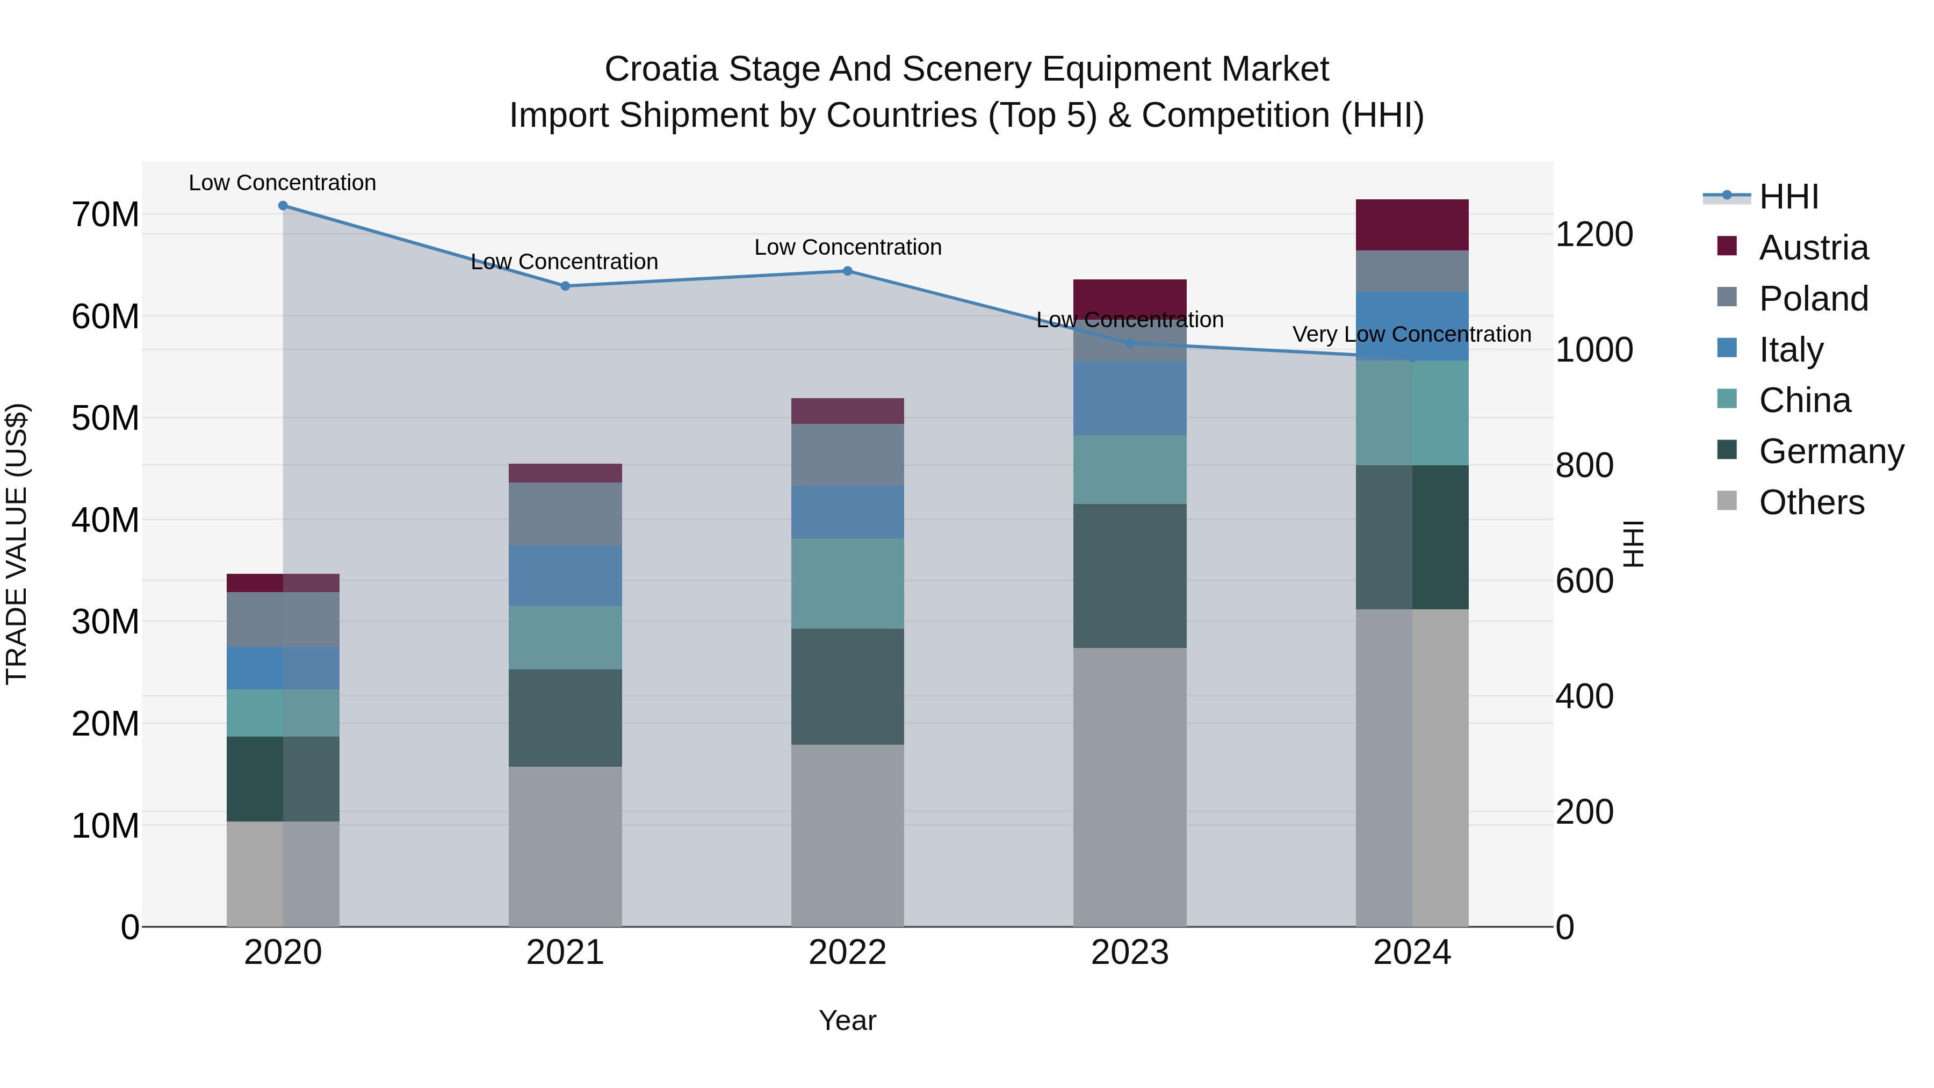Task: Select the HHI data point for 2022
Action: pyautogui.click(x=848, y=271)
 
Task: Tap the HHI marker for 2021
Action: pyautogui.click(x=565, y=286)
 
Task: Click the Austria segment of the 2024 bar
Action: pyautogui.click(x=1411, y=225)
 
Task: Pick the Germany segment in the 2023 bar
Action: pyautogui.click(x=1129, y=576)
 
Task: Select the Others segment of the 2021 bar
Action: pyautogui.click(x=565, y=846)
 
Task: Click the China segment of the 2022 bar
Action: pyautogui.click(x=848, y=583)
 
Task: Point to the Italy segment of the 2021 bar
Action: pyautogui.click(x=565, y=576)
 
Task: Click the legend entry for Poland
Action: pyautogui.click(x=1813, y=299)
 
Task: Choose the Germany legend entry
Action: pyautogui.click(x=1830, y=451)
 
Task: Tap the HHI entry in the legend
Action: pyautogui.click(x=1788, y=197)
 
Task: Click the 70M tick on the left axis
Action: pyautogui.click(x=105, y=215)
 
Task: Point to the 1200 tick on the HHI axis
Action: pyautogui.click(x=1593, y=234)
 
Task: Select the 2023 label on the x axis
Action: pyautogui.click(x=1129, y=953)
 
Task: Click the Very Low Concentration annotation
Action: pyautogui.click(x=1411, y=334)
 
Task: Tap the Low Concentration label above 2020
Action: pyautogui.click(x=282, y=183)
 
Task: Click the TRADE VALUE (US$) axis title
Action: pyautogui.click(x=17, y=544)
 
